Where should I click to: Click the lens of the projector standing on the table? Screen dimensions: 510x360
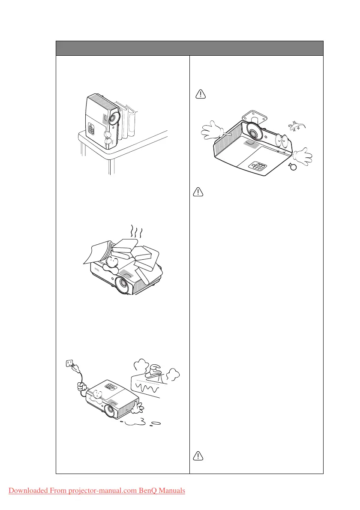(x=113, y=117)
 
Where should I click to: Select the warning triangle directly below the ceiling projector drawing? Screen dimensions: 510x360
(x=198, y=192)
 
